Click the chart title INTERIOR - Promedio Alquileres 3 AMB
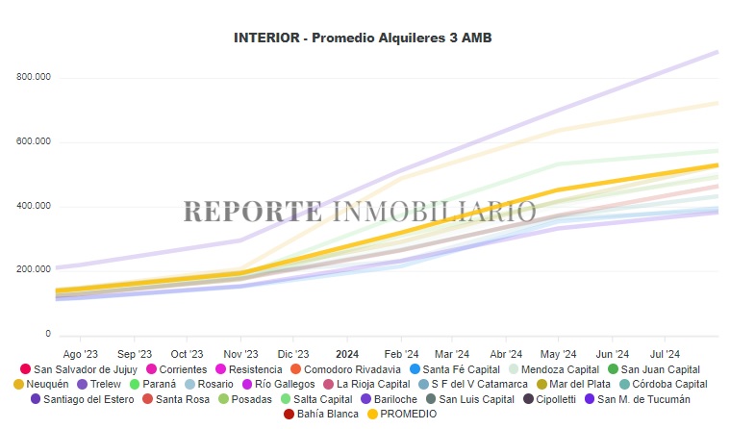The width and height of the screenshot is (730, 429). coord(369,38)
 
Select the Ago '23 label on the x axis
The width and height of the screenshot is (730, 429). coord(80,353)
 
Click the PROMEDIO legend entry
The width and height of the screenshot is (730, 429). coord(409,414)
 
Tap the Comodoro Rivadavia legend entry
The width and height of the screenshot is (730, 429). coord(352,369)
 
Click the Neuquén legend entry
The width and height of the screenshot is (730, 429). coord(47,384)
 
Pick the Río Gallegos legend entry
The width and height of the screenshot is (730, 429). coord(285,384)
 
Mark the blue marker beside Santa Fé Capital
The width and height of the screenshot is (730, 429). coord(415,369)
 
